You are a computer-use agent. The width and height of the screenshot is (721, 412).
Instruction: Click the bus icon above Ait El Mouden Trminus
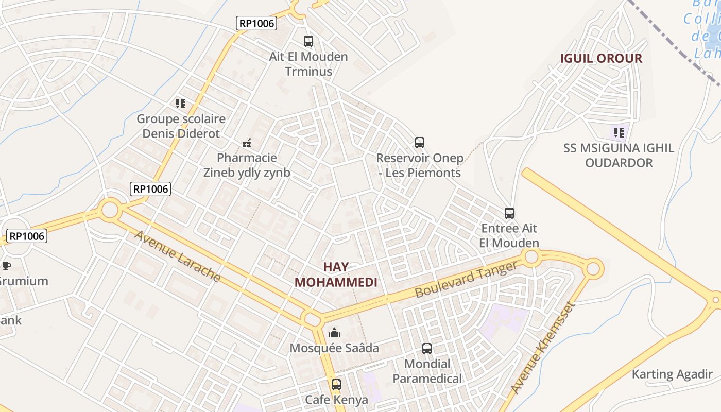point(308,41)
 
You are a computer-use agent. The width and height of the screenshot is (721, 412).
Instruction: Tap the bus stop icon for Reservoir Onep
point(420,143)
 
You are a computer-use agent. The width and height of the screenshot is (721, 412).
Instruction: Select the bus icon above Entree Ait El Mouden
point(509,213)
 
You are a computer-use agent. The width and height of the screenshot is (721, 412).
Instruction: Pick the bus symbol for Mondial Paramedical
point(427,349)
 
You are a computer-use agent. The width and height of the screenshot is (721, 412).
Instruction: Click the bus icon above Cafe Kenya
point(336,384)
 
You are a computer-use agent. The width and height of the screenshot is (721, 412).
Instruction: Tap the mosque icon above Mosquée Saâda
point(334,333)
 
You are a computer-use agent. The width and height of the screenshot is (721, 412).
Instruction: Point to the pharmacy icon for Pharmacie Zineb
point(247,143)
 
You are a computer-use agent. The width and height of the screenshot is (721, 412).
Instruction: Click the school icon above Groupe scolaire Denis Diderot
point(181,104)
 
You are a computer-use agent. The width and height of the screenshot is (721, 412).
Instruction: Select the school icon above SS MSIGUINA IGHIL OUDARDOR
point(619,133)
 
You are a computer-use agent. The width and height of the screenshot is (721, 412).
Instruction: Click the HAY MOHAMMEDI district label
point(336,274)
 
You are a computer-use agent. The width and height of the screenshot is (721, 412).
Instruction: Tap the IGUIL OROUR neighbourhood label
point(601,58)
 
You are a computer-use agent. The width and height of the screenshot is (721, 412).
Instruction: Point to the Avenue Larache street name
point(178,256)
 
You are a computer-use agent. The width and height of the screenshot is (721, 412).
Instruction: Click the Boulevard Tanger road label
point(466,279)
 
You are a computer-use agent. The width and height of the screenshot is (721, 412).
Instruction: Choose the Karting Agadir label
point(672,374)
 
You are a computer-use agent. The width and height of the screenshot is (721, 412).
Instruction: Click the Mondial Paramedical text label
point(427,371)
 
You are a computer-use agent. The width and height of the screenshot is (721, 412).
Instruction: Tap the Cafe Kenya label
point(336,400)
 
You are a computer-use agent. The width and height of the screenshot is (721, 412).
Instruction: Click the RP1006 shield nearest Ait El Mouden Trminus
point(256,23)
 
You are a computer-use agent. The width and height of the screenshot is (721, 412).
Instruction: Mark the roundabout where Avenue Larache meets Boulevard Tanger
point(312,319)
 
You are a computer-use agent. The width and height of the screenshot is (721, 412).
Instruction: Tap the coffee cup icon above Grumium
point(6,266)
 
